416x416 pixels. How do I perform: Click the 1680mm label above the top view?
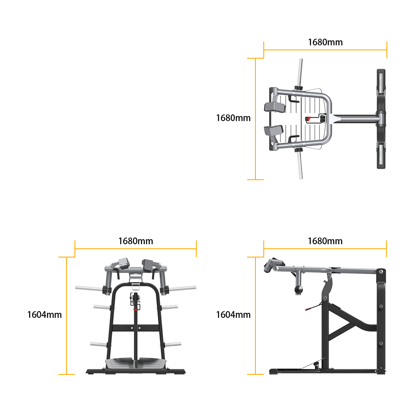tap(325, 42)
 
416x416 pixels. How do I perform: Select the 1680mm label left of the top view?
tap(233, 118)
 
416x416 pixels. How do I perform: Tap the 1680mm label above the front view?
tap(136, 241)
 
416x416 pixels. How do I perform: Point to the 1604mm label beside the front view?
tap(45, 314)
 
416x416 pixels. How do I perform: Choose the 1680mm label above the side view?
tap(325, 241)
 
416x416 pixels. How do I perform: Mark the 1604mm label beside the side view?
tap(233, 314)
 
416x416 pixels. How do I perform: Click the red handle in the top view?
tap(308, 119)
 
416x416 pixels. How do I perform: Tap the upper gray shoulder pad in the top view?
tap(275, 107)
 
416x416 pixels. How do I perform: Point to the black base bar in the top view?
tap(381, 119)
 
